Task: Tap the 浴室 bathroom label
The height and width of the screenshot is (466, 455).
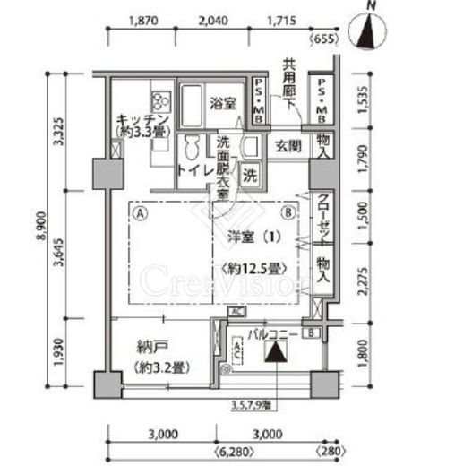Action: click(223, 102)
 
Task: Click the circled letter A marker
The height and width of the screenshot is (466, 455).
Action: click(141, 213)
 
